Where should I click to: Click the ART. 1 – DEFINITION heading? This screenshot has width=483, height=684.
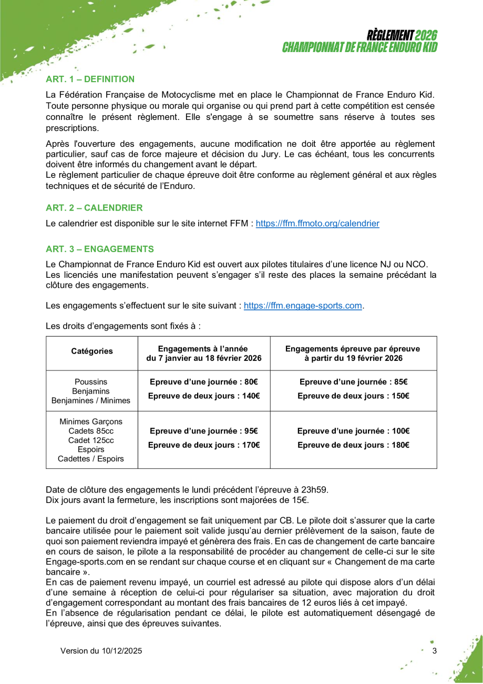click(90, 79)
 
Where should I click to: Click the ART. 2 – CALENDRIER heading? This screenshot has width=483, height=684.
click(94, 208)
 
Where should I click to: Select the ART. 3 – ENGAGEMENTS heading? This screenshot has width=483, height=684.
click(100, 249)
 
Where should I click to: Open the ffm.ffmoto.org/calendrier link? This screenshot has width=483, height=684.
click(317, 224)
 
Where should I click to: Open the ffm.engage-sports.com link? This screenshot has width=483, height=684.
click(303, 306)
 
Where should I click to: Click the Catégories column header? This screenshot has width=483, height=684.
click(92, 351)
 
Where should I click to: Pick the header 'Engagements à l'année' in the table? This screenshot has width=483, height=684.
click(203, 348)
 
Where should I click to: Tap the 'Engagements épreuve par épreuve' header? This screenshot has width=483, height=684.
click(353, 348)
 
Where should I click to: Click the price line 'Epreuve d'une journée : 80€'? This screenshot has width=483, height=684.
click(203, 383)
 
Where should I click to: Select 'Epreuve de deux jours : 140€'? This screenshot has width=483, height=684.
click(203, 396)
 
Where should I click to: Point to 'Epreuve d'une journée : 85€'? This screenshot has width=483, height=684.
click(353, 383)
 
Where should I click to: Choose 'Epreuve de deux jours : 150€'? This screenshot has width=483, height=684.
click(353, 396)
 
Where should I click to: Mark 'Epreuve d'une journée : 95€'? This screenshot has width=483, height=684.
click(203, 431)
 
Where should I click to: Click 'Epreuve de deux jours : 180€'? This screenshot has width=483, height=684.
click(353, 445)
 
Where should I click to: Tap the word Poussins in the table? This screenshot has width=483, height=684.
click(91, 381)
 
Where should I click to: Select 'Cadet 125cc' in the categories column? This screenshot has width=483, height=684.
click(91, 440)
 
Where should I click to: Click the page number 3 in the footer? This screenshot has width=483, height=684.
click(434, 651)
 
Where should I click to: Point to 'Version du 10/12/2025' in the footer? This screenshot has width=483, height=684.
click(101, 651)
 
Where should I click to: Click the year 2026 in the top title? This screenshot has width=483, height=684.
click(426, 36)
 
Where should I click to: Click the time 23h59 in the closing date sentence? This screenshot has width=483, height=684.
click(315, 489)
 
